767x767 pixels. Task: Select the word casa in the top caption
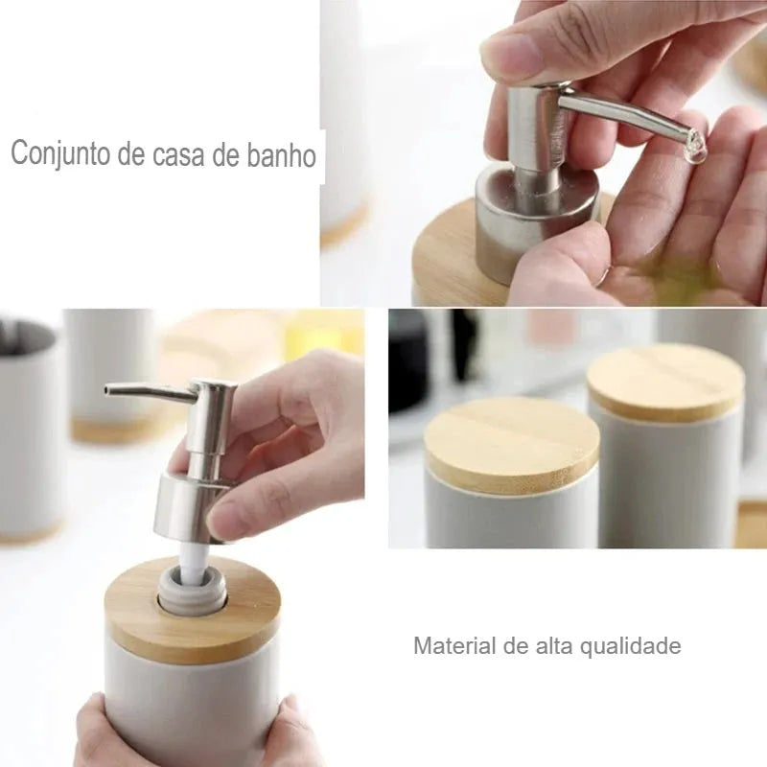(x=183, y=155)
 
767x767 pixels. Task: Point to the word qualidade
(x=632, y=646)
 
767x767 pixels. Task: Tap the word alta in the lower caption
(x=556, y=645)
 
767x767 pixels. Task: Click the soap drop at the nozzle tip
(x=696, y=147)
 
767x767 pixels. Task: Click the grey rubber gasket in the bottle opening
(x=193, y=594)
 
